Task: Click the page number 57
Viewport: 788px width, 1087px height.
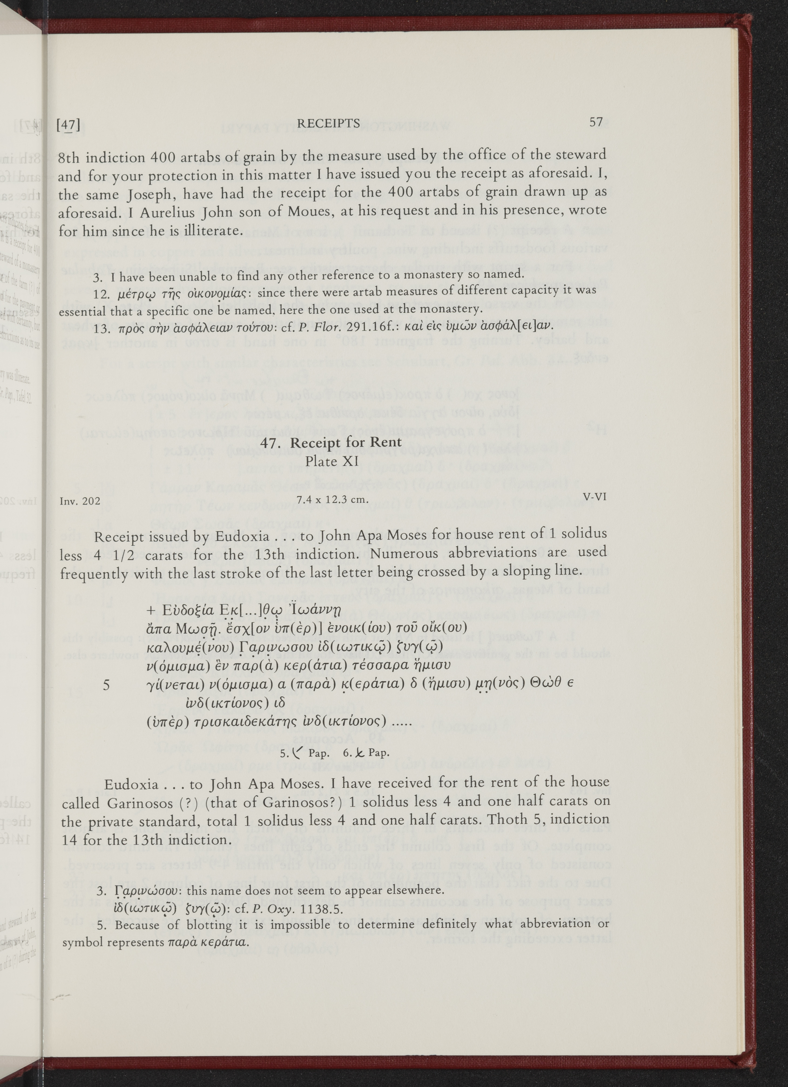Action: tap(596, 122)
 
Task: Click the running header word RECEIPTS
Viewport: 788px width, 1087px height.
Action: tap(328, 124)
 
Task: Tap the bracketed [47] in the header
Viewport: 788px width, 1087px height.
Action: tap(68, 125)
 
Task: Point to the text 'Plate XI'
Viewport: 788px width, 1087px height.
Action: tap(332, 461)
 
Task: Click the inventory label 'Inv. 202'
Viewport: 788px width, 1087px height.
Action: tap(80, 501)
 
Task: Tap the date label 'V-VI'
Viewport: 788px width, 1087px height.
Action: tap(595, 497)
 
